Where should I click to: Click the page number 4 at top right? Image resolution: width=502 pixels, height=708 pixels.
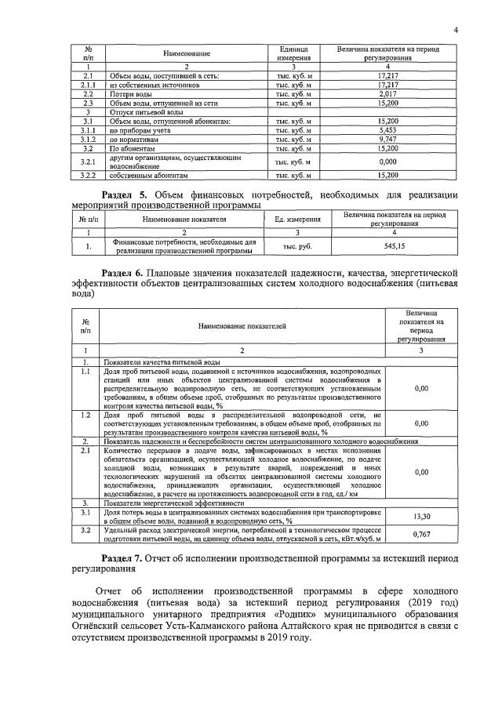[x=455, y=31]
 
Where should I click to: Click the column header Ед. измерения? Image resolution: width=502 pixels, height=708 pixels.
[x=299, y=220]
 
